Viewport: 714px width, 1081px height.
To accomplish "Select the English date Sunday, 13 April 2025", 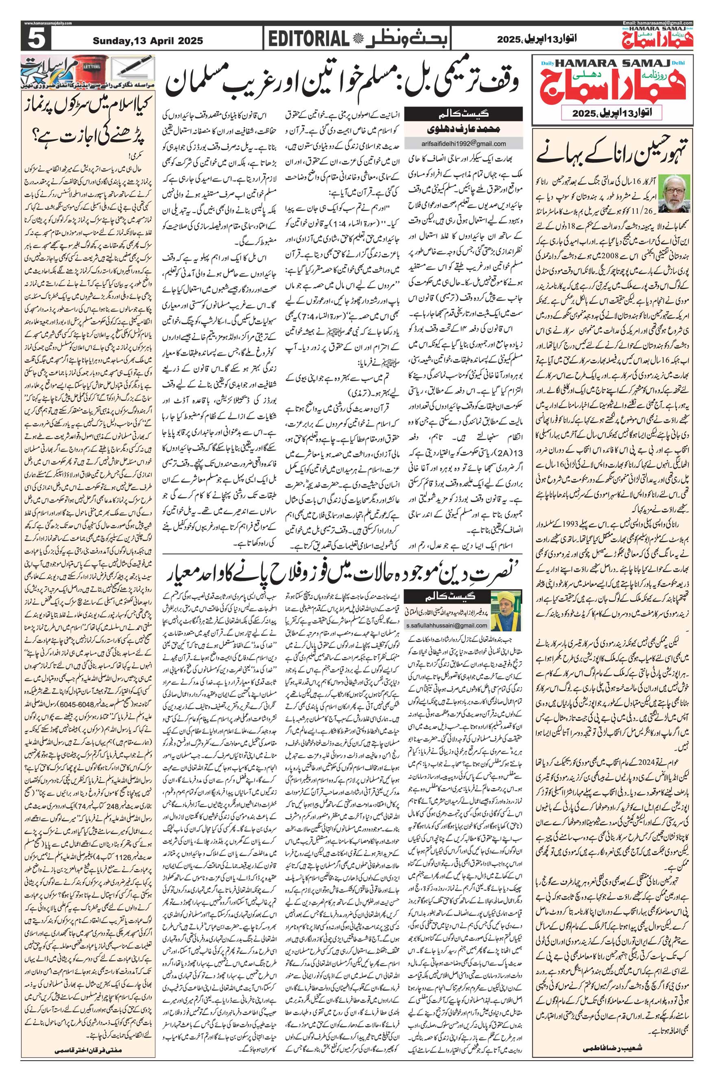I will click(148, 41).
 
